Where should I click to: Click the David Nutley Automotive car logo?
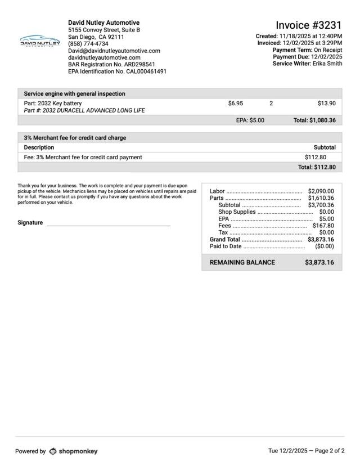click(39, 41)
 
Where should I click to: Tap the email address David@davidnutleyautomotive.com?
click(114, 51)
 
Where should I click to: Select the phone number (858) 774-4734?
click(88, 43)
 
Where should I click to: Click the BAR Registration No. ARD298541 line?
click(111, 65)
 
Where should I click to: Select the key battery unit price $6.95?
click(236, 104)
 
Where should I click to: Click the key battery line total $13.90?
click(326, 104)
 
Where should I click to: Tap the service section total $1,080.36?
click(314, 120)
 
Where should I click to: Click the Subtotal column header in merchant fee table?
click(325, 147)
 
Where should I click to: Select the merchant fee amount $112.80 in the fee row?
click(316, 158)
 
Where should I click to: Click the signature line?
click(109, 225)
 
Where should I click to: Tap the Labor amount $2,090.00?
click(321, 191)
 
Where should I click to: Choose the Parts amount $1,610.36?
click(321, 198)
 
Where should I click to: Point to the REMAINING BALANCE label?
click(242, 263)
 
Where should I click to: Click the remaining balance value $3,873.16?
click(319, 263)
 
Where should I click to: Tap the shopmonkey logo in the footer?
click(73, 451)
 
